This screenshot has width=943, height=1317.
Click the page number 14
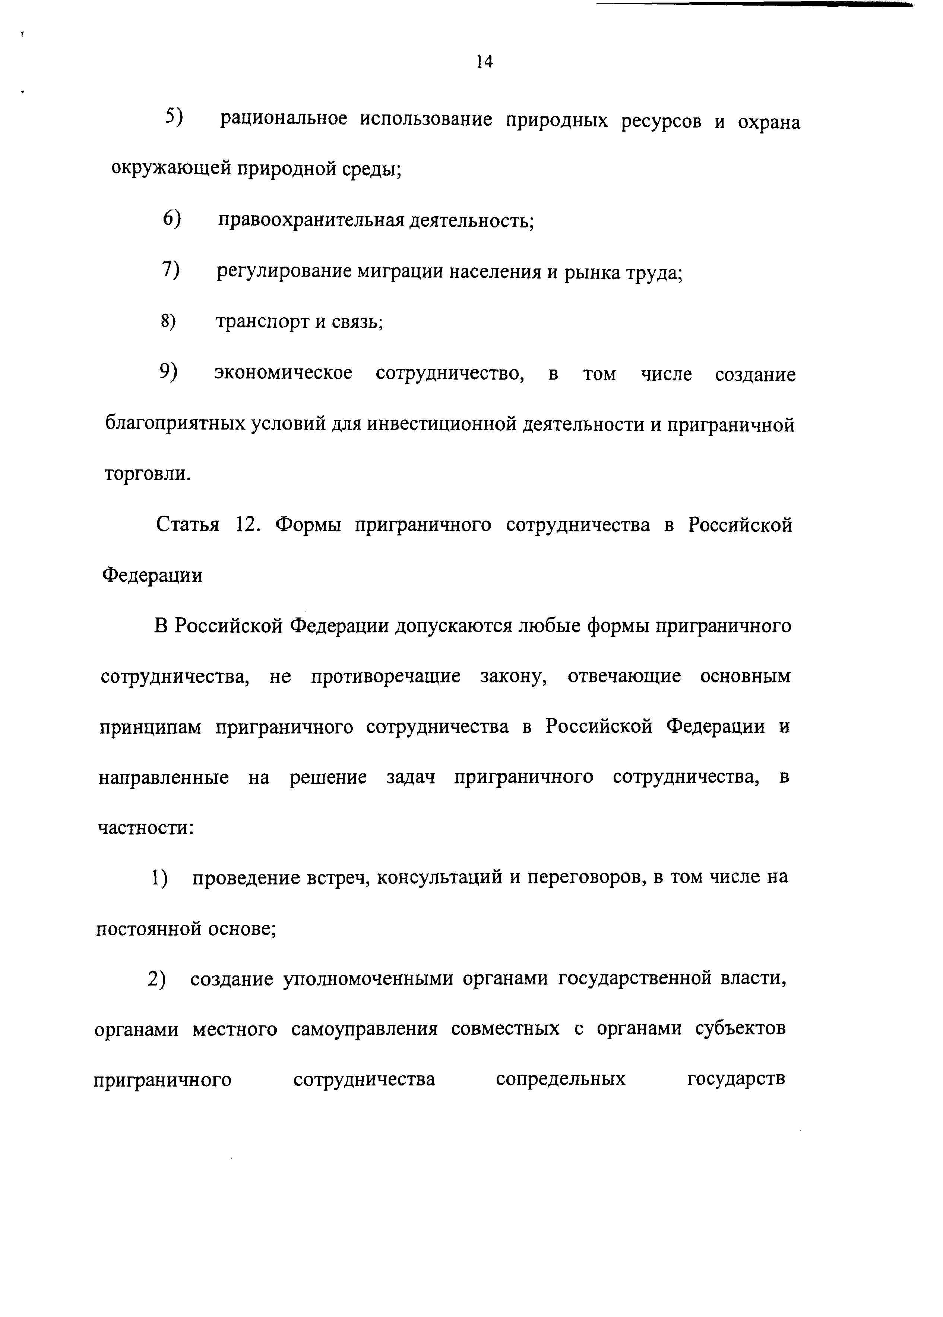click(484, 62)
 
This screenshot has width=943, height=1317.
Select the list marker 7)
click(171, 270)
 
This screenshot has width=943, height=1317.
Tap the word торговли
click(146, 474)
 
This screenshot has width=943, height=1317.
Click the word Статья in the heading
click(187, 525)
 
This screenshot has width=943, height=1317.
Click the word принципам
click(150, 727)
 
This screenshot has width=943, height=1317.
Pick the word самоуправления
click(364, 1030)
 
